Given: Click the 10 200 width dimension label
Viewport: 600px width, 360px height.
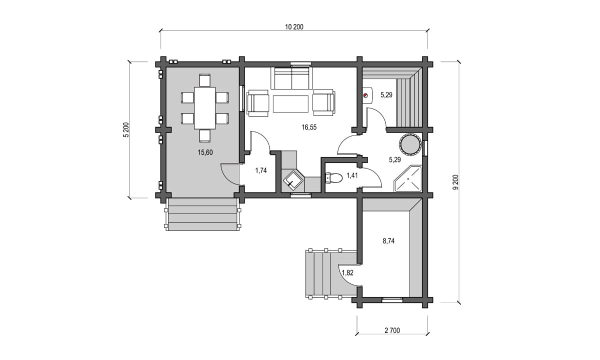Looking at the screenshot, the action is (294, 27).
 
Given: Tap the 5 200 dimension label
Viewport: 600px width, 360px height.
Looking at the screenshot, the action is (126, 130).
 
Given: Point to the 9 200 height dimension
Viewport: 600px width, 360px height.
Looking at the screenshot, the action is (455, 182).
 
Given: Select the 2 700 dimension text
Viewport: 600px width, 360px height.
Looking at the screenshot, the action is (392, 330).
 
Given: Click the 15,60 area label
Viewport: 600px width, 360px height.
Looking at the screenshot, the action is (205, 152).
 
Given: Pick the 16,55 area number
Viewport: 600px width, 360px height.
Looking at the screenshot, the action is (309, 127).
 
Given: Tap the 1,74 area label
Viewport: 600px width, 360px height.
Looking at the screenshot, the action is (261, 170).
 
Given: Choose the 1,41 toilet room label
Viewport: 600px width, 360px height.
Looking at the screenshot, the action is (352, 175).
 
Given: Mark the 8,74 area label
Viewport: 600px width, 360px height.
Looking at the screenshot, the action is (388, 241).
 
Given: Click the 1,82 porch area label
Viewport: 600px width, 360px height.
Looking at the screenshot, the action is (347, 273).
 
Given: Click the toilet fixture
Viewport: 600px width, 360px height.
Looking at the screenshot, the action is (334, 178).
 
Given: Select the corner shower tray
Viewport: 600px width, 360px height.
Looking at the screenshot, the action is (407, 178).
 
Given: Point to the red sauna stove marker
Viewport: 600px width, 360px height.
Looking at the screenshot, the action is (365, 95).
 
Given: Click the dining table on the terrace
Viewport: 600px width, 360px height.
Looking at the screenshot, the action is (205, 108).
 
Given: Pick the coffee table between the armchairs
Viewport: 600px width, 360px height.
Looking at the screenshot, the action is (290, 104).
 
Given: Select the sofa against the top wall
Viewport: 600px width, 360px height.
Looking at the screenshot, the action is (291, 78).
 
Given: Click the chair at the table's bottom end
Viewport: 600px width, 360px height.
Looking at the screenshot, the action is (205, 136).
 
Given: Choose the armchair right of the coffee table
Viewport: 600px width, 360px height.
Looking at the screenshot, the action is (323, 103).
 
